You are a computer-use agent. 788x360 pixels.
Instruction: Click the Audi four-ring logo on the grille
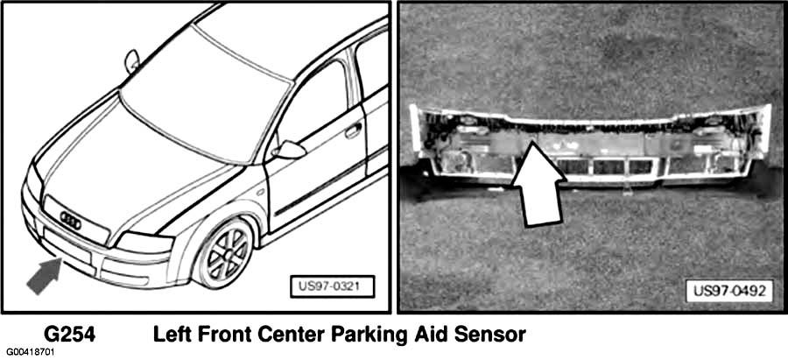(70, 220)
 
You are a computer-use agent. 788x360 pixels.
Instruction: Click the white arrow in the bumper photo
(537, 184)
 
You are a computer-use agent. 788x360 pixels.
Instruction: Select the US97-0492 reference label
(729, 292)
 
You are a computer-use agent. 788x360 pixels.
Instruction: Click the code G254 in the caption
(69, 335)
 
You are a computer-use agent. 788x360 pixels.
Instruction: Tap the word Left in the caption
(172, 335)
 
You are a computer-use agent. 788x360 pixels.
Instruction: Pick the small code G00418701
(29, 351)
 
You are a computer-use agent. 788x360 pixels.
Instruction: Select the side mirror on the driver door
(288, 150)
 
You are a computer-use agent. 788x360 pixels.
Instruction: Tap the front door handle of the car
(354, 130)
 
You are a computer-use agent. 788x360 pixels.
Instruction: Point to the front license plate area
(67, 245)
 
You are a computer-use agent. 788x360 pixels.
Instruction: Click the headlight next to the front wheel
(144, 243)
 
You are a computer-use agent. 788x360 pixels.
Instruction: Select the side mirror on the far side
(132, 60)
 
